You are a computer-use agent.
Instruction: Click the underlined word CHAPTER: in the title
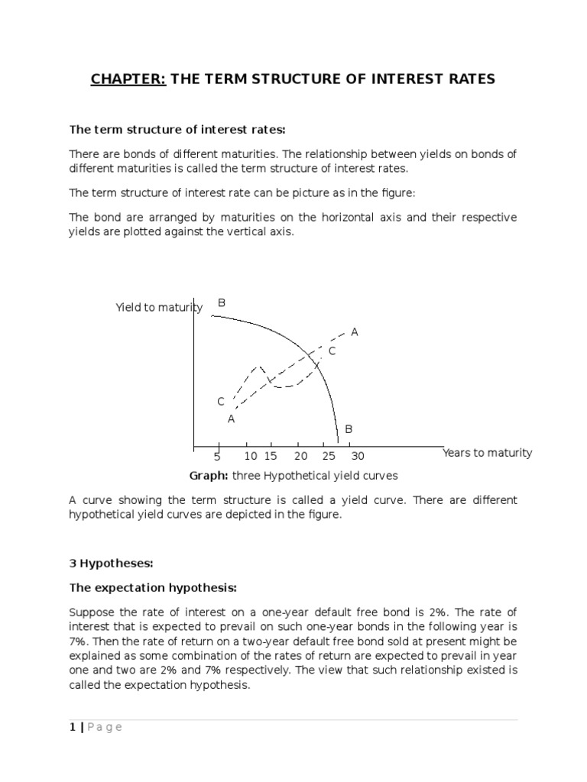click(127, 79)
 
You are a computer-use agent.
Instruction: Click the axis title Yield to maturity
click(159, 308)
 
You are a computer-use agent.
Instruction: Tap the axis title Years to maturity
click(487, 453)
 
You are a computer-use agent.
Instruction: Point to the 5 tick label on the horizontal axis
click(217, 457)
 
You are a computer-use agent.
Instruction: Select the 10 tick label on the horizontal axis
click(251, 457)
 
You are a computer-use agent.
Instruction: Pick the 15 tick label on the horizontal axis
click(271, 457)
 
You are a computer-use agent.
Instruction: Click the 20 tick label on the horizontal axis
click(300, 457)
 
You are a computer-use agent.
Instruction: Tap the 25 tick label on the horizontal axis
click(329, 457)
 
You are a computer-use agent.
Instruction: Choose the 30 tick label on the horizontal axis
click(357, 457)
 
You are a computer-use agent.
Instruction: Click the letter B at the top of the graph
click(222, 303)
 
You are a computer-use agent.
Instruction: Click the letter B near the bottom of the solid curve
click(349, 429)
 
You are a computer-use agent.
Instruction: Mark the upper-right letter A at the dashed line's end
click(355, 332)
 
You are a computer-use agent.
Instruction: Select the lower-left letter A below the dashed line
click(231, 418)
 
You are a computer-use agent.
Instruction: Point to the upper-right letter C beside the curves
click(332, 351)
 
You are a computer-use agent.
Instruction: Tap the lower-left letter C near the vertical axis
click(221, 402)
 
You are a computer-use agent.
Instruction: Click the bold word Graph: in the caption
click(209, 476)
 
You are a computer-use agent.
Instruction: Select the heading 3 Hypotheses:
click(112, 564)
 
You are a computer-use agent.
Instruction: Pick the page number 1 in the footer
click(72, 727)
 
